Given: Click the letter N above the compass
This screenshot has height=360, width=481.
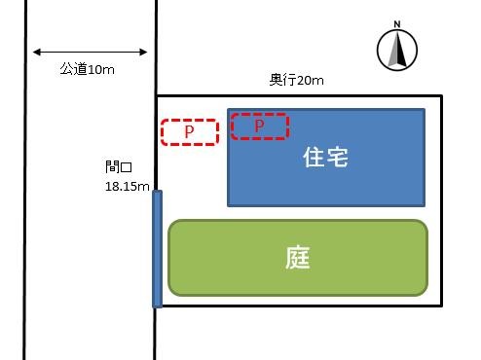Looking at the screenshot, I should (x=397, y=24).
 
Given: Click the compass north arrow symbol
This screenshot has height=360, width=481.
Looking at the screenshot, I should (x=397, y=50).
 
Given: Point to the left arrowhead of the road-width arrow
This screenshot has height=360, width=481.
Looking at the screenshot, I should (x=35, y=53).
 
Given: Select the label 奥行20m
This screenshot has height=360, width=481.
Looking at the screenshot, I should (x=297, y=80).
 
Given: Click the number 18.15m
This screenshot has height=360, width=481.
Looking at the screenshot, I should (x=127, y=185).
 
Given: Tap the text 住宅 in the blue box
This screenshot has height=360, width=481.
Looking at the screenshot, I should (x=326, y=156).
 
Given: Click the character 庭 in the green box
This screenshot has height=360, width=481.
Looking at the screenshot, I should (x=298, y=259).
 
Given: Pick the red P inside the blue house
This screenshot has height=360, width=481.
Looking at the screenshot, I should (x=259, y=126).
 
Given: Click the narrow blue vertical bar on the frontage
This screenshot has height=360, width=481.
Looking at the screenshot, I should (x=157, y=248).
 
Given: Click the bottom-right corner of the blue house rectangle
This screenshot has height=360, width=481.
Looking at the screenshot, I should (x=425, y=205).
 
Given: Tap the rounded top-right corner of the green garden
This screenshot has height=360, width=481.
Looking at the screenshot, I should (x=423, y=226).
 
